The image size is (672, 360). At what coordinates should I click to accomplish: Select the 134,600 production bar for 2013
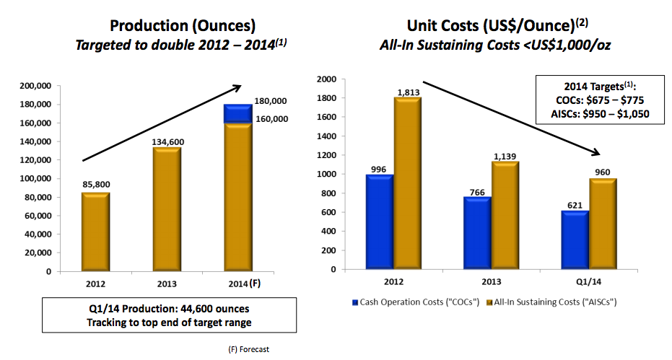167,209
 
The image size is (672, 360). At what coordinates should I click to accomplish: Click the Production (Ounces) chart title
182,26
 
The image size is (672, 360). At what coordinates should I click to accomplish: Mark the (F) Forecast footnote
248,349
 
